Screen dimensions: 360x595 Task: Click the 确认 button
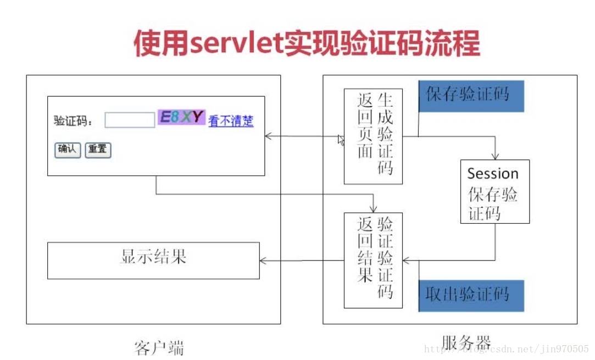[x=67, y=149]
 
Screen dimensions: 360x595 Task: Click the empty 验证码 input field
[x=130, y=120]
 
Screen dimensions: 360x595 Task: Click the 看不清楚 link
[x=231, y=121]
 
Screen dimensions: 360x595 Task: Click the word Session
[x=493, y=174]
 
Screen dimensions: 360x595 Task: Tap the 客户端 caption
[x=159, y=347]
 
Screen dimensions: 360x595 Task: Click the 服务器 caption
[x=466, y=342]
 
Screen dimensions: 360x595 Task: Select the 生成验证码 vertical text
[x=386, y=135]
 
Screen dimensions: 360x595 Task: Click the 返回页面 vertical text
[x=365, y=126]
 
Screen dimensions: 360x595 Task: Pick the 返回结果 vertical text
[x=365, y=250]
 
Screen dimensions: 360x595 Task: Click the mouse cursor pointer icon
[x=341, y=141]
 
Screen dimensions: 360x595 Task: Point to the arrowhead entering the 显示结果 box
[x=263, y=260]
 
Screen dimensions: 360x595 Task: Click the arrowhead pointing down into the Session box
[x=496, y=157]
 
